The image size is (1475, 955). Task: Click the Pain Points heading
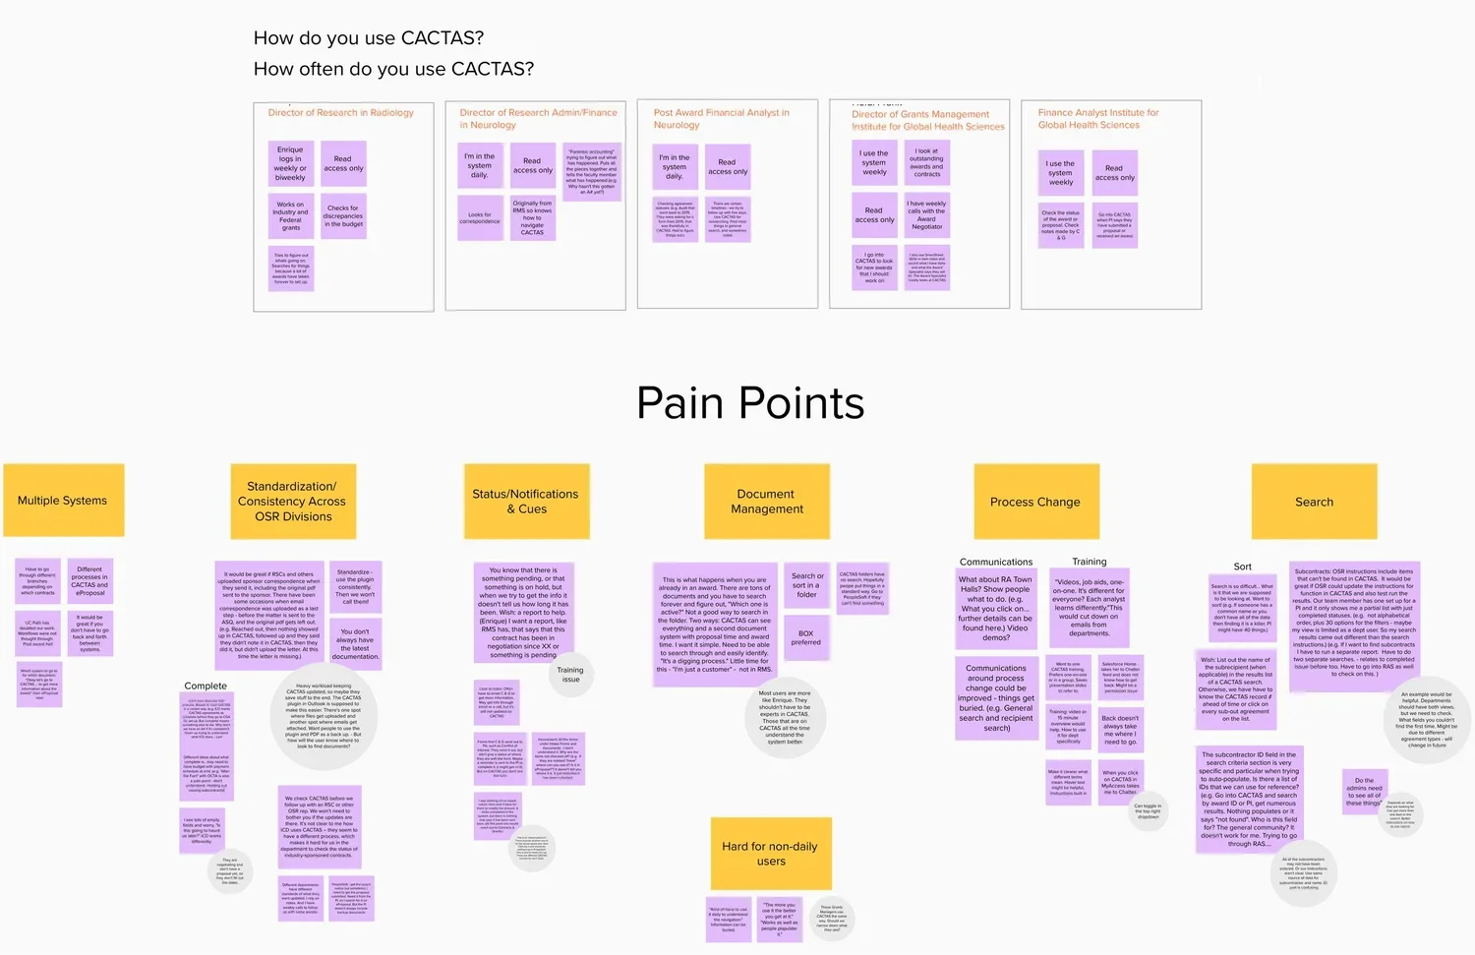(x=750, y=403)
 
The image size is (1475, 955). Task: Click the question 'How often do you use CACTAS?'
(x=393, y=69)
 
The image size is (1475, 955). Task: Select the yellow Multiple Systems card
(x=63, y=501)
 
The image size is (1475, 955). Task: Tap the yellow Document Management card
(x=767, y=502)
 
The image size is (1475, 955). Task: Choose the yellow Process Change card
(x=1034, y=502)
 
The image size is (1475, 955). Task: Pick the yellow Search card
(x=1314, y=502)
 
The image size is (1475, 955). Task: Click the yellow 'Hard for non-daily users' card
(x=771, y=854)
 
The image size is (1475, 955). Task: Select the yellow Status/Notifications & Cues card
(x=526, y=502)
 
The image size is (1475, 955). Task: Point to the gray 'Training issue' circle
(x=570, y=675)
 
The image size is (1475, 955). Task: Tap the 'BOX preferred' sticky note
(x=806, y=638)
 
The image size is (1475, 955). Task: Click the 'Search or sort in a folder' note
(x=806, y=585)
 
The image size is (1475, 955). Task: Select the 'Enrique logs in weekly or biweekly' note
(x=290, y=164)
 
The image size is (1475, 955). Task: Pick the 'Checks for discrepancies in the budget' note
(x=343, y=216)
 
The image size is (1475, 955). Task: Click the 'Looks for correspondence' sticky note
(x=480, y=217)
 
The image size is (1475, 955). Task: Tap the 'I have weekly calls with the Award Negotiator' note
(x=927, y=215)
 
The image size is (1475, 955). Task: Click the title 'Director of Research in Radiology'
(x=341, y=113)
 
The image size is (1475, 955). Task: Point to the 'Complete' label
(x=206, y=686)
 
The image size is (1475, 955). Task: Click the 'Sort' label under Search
(x=1243, y=567)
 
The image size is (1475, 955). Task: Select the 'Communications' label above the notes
(x=996, y=562)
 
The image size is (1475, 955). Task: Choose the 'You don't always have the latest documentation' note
(x=355, y=644)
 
